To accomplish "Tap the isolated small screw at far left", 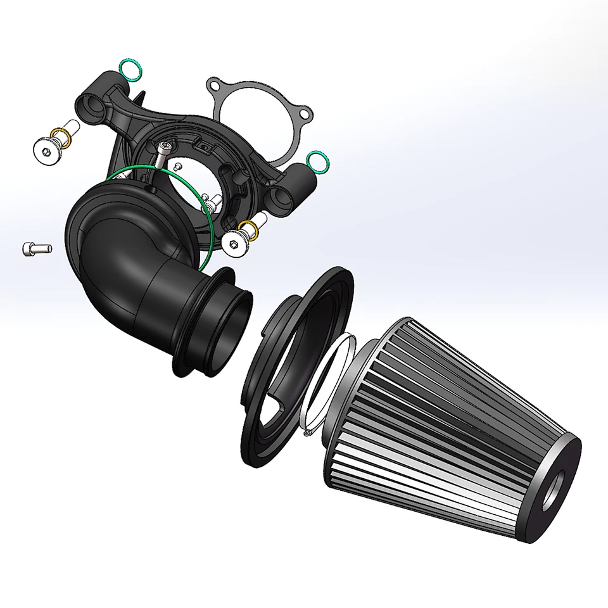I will pos(31,249).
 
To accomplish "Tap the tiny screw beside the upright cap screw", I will pos(179,166).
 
